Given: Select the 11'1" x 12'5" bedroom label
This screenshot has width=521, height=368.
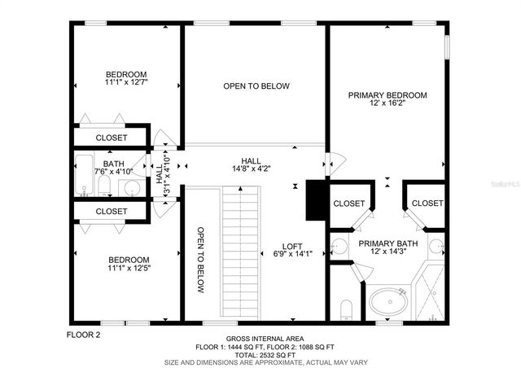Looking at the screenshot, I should pos(129,265).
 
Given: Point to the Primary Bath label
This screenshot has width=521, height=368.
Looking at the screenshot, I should pos(387,247).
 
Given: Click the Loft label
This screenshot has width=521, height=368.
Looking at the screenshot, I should pos(292,249).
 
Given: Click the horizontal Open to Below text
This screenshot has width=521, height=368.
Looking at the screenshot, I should pos(256,85).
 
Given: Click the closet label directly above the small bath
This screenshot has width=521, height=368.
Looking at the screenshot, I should pos(111,138).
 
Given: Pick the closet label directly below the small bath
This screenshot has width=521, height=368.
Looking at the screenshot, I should pos(111,212).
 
